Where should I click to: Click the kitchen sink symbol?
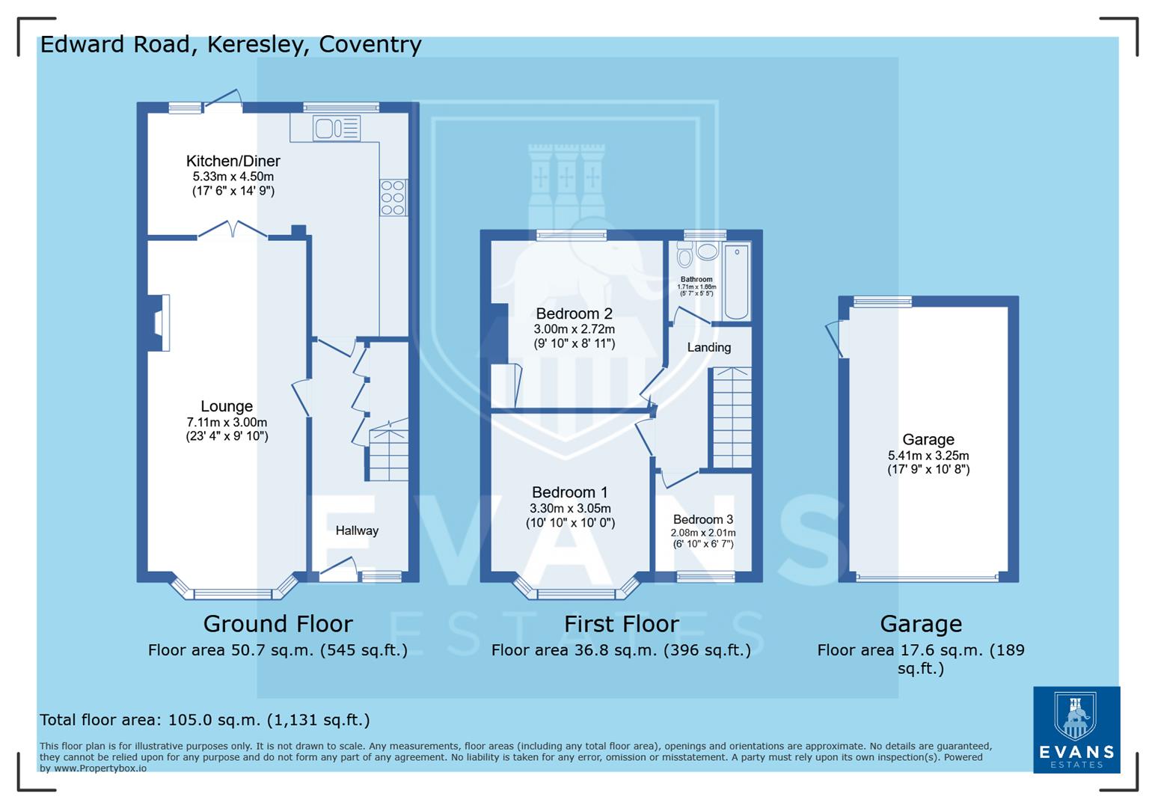pos(337,129)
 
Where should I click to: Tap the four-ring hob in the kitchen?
pos(393,198)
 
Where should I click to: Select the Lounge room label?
pos(227,406)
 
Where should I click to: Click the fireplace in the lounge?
pos(159,322)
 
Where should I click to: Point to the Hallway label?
pos(357,530)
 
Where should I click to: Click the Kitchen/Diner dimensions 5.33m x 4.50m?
pos(233,177)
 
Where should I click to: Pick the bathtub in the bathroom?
pos(737,281)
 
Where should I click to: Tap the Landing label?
pos(708,347)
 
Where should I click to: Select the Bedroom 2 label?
pos(574,313)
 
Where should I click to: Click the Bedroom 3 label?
pos(702,519)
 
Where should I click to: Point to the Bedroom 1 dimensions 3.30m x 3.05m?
pos(569,508)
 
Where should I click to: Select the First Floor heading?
pos(621,623)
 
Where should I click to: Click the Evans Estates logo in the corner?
pos(1076,729)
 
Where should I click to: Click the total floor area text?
pos(204,720)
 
